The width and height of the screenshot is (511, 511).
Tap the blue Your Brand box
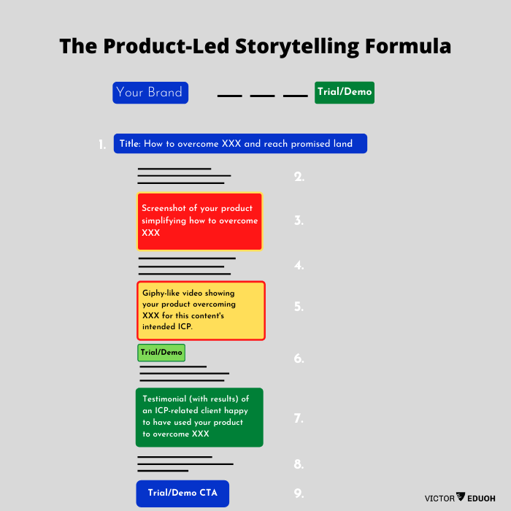point(150,93)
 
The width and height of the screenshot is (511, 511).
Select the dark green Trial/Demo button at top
point(345,93)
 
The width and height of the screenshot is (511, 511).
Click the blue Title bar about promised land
point(240,143)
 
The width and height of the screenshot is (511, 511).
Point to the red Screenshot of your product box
point(199,222)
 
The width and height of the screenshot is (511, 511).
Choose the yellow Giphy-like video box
point(201,310)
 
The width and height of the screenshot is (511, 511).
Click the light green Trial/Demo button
point(161,353)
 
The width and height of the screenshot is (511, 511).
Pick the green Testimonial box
point(199,417)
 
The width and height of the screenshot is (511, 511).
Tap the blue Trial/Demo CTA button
point(182,493)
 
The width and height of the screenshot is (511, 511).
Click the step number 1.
point(102,145)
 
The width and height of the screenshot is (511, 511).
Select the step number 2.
point(299,177)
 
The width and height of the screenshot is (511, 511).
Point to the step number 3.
point(299,220)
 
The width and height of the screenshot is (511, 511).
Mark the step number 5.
point(299,307)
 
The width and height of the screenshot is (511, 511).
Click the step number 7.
point(299,418)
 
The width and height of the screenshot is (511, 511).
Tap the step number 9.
point(299,493)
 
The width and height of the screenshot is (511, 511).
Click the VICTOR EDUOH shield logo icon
point(461,496)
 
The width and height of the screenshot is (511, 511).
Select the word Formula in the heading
point(408,46)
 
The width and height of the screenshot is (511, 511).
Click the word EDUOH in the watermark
point(481,499)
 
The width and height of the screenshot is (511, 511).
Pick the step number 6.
point(299,358)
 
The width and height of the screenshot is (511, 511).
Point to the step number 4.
point(299,265)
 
